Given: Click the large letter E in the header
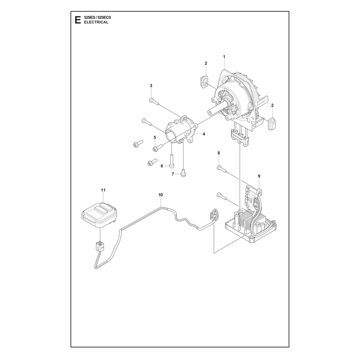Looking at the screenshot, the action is [x=78, y=20].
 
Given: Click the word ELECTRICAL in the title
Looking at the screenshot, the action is [x=96, y=22].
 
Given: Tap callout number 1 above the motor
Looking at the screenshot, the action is [x=224, y=57].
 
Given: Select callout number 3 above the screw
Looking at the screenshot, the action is [x=151, y=85].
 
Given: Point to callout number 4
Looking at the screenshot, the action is [x=204, y=134].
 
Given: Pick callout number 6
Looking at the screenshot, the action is [x=162, y=166].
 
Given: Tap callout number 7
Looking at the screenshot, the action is [x=173, y=174].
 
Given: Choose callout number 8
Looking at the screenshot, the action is [x=219, y=153].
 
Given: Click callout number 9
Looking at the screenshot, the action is [x=259, y=176].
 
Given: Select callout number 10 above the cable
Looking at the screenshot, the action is [x=161, y=195].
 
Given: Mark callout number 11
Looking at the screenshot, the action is [x=103, y=190].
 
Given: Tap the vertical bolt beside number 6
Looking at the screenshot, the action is [x=172, y=161].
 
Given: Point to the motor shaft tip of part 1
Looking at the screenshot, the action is [x=210, y=112].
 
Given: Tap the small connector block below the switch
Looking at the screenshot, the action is [x=100, y=246].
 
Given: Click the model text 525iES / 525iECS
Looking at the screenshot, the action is [x=97, y=18].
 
